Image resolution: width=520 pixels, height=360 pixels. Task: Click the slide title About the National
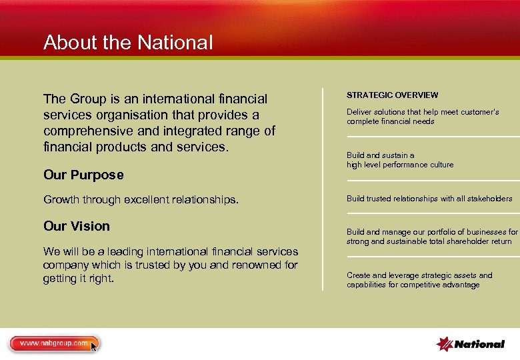click(x=128, y=43)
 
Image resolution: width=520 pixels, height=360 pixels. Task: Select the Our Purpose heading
click(x=83, y=175)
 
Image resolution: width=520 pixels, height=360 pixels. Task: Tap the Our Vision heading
click(x=77, y=227)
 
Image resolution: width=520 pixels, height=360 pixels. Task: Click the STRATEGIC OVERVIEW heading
click(x=392, y=95)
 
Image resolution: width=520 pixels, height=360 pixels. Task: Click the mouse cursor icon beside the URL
click(x=94, y=346)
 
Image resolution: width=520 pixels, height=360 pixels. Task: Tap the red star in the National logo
click(x=444, y=344)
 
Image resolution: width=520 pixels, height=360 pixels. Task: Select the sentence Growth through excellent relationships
click(x=141, y=199)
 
